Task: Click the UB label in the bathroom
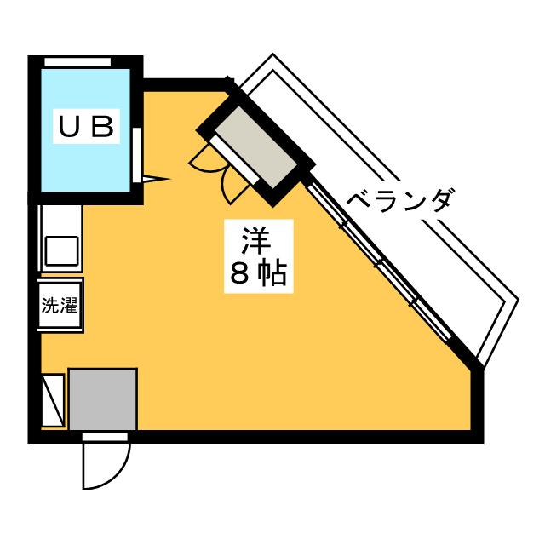pyautogui.click(x=86, y=127)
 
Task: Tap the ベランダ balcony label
pyautogui.click(x=400, y=201)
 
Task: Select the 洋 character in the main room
pyautogui.click(x=256, y=241)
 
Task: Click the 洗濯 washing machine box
pyautogui.click(x=60, y=306)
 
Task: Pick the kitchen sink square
pyautogui.click(x=61, y=251)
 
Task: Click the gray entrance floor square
pyautogui.click(x=103, y=399)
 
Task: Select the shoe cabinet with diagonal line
pyautogui.click(x=53, y=399)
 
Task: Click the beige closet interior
pyautogui.click(x=255, y=147)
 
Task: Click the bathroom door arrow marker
pyautogui.click(x=155, y=179)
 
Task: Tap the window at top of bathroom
pyautogui.click(x=77, y=62)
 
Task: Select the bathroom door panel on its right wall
pyautogui.click(x=137, y=155)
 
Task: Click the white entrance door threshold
pyautogui.click(x=105, y=437)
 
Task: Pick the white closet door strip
pyautogui.click(x=234, y=159)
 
